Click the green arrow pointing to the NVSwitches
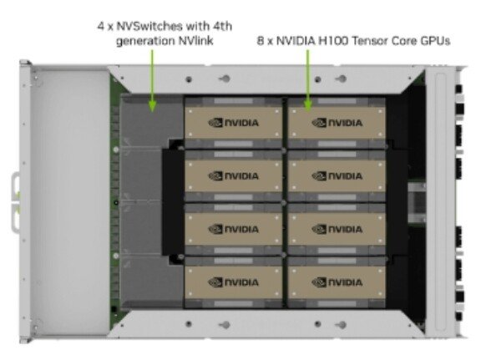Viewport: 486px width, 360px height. (x=152, y=81)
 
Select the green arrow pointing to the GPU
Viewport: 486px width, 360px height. (x=308, y=81)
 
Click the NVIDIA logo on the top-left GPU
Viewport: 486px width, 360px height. (x=233, y=123)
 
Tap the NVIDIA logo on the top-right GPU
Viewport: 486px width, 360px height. (x=337, y=123)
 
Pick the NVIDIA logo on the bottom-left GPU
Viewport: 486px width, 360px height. (x=233, y=282)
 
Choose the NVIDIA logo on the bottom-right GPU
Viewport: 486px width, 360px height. (x=337, y=282)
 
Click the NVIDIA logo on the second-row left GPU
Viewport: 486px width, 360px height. (x=233, y=176)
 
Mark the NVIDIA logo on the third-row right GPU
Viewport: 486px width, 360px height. (x=337, y=230)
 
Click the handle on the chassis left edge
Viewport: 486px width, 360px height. (x=16, y=203)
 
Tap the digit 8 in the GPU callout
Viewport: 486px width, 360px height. (x=261, y=41)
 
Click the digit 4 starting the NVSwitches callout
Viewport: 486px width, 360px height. (x=101, y=27)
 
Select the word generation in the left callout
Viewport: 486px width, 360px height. (x=145, y=41)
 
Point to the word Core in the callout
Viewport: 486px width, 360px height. (x=404, y=41)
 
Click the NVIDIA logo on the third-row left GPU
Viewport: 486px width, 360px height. (x=233, y=230)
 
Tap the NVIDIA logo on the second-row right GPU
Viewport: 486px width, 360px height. (x=337, y=176)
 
